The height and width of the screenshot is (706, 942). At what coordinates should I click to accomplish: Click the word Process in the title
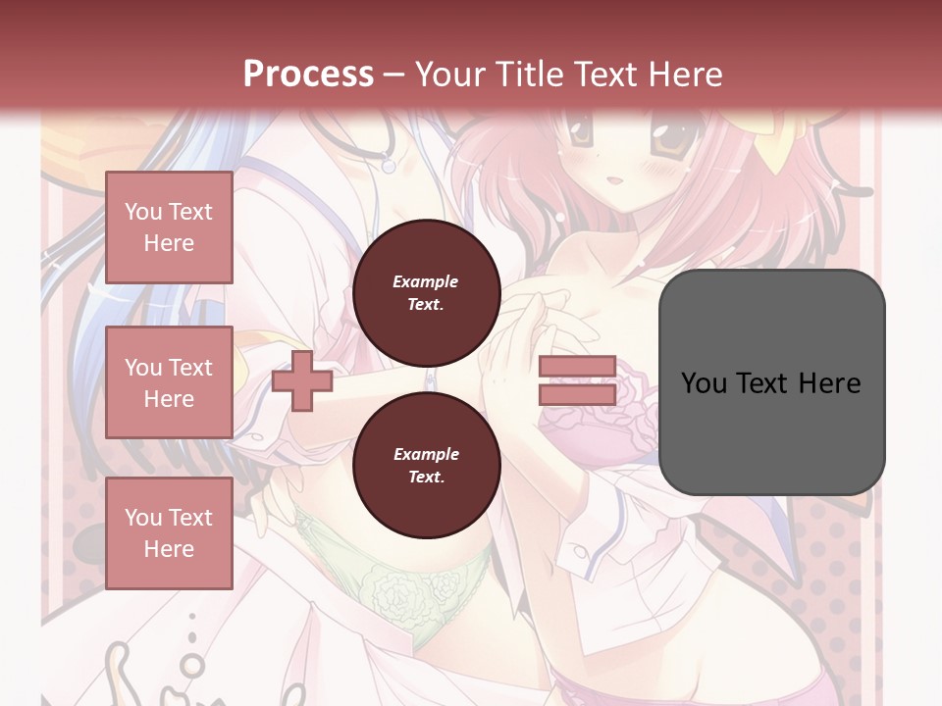tap(308, 75)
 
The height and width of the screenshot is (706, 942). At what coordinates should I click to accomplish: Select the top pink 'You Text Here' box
tap(169, 227)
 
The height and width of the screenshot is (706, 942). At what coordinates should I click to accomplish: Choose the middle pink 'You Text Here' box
tap(169, 382)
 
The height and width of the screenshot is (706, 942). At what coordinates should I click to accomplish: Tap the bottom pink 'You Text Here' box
tap(169, 532)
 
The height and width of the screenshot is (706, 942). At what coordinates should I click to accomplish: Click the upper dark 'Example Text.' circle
tap(426, 292)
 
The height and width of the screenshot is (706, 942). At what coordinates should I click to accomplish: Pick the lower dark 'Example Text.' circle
tap(426, 465)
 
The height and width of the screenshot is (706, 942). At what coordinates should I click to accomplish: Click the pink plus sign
tap(302, 381)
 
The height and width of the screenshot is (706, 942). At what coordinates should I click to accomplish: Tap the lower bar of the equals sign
tap(578, 394)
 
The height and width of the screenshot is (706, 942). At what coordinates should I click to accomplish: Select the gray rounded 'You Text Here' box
tap(771, 381)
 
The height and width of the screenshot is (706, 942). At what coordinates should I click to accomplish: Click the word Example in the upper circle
tap(426, 281)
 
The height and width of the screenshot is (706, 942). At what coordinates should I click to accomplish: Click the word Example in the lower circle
tap(426, 454)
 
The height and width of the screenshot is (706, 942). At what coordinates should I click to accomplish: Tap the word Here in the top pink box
tap(169, 243)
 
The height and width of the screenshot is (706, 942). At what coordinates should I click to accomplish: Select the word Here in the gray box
tap(830, 383)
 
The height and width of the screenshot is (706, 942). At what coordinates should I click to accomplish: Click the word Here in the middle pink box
tap(169, 399)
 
